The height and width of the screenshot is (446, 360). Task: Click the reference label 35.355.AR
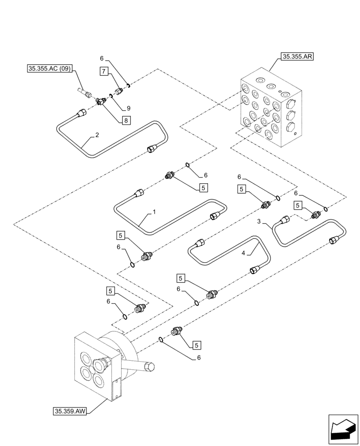tap(297, 57)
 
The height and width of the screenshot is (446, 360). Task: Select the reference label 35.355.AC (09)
tap(49, 69)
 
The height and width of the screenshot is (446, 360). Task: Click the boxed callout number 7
tap(103, 71)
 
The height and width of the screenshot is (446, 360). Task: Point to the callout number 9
tap(128, 108)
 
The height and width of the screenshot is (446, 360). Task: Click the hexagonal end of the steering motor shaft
tap(150, 367)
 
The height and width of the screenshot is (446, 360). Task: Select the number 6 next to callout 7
tap(102, 58)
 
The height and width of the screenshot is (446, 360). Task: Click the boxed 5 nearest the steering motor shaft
tap(196, 345)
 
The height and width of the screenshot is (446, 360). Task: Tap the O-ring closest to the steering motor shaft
tap(160, 340)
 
